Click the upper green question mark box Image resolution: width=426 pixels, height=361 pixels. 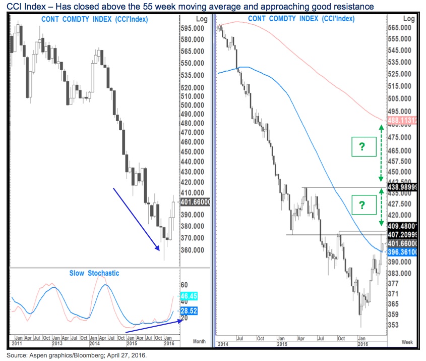pyautogui.click(x=361, y=147)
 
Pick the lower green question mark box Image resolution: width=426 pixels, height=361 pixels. pyautogui.click(x=361, y=205)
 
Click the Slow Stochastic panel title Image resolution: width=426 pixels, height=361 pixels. pyautogui.click(x=94, y=273)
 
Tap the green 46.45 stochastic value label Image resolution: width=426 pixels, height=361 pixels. pyautogui.click(x=189, y=296)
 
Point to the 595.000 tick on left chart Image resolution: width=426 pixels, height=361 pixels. pyautogui.click(x=192, y=28)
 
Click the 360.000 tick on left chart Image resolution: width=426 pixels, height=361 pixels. pyautogui.click(x=192, y=250)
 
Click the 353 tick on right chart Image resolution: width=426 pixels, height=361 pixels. pyautogui.click(x=393, y=325)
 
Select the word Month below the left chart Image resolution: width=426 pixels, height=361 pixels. pyautogui.click(x=200, y=342)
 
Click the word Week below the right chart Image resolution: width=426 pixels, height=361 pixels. pyautogui.click(x=407, y=342)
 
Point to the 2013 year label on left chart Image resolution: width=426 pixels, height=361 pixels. pyautogui.click(x=59, y=343)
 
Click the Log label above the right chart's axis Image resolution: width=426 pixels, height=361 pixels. pyautogui.click(x=409, y=19)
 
